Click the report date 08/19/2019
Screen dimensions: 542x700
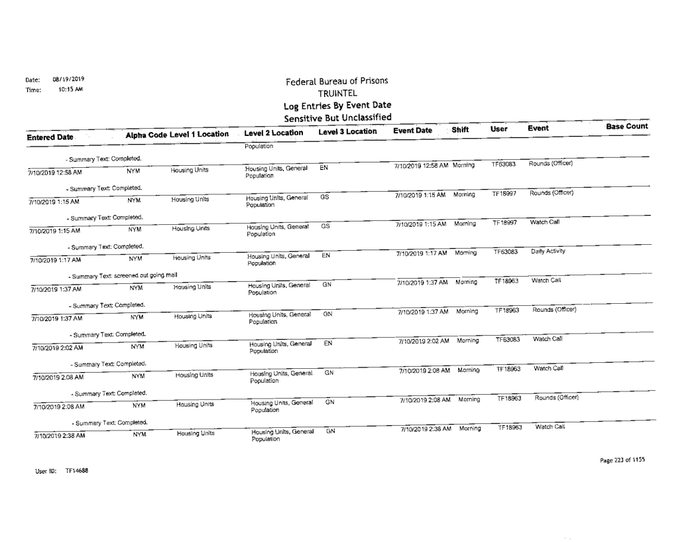coord(65,78)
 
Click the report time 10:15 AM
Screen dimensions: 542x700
coord(60,87)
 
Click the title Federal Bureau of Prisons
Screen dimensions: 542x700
coord(337,81)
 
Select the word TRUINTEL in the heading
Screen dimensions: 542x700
coord(337,93)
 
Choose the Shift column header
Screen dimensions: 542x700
coord(460,131)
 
